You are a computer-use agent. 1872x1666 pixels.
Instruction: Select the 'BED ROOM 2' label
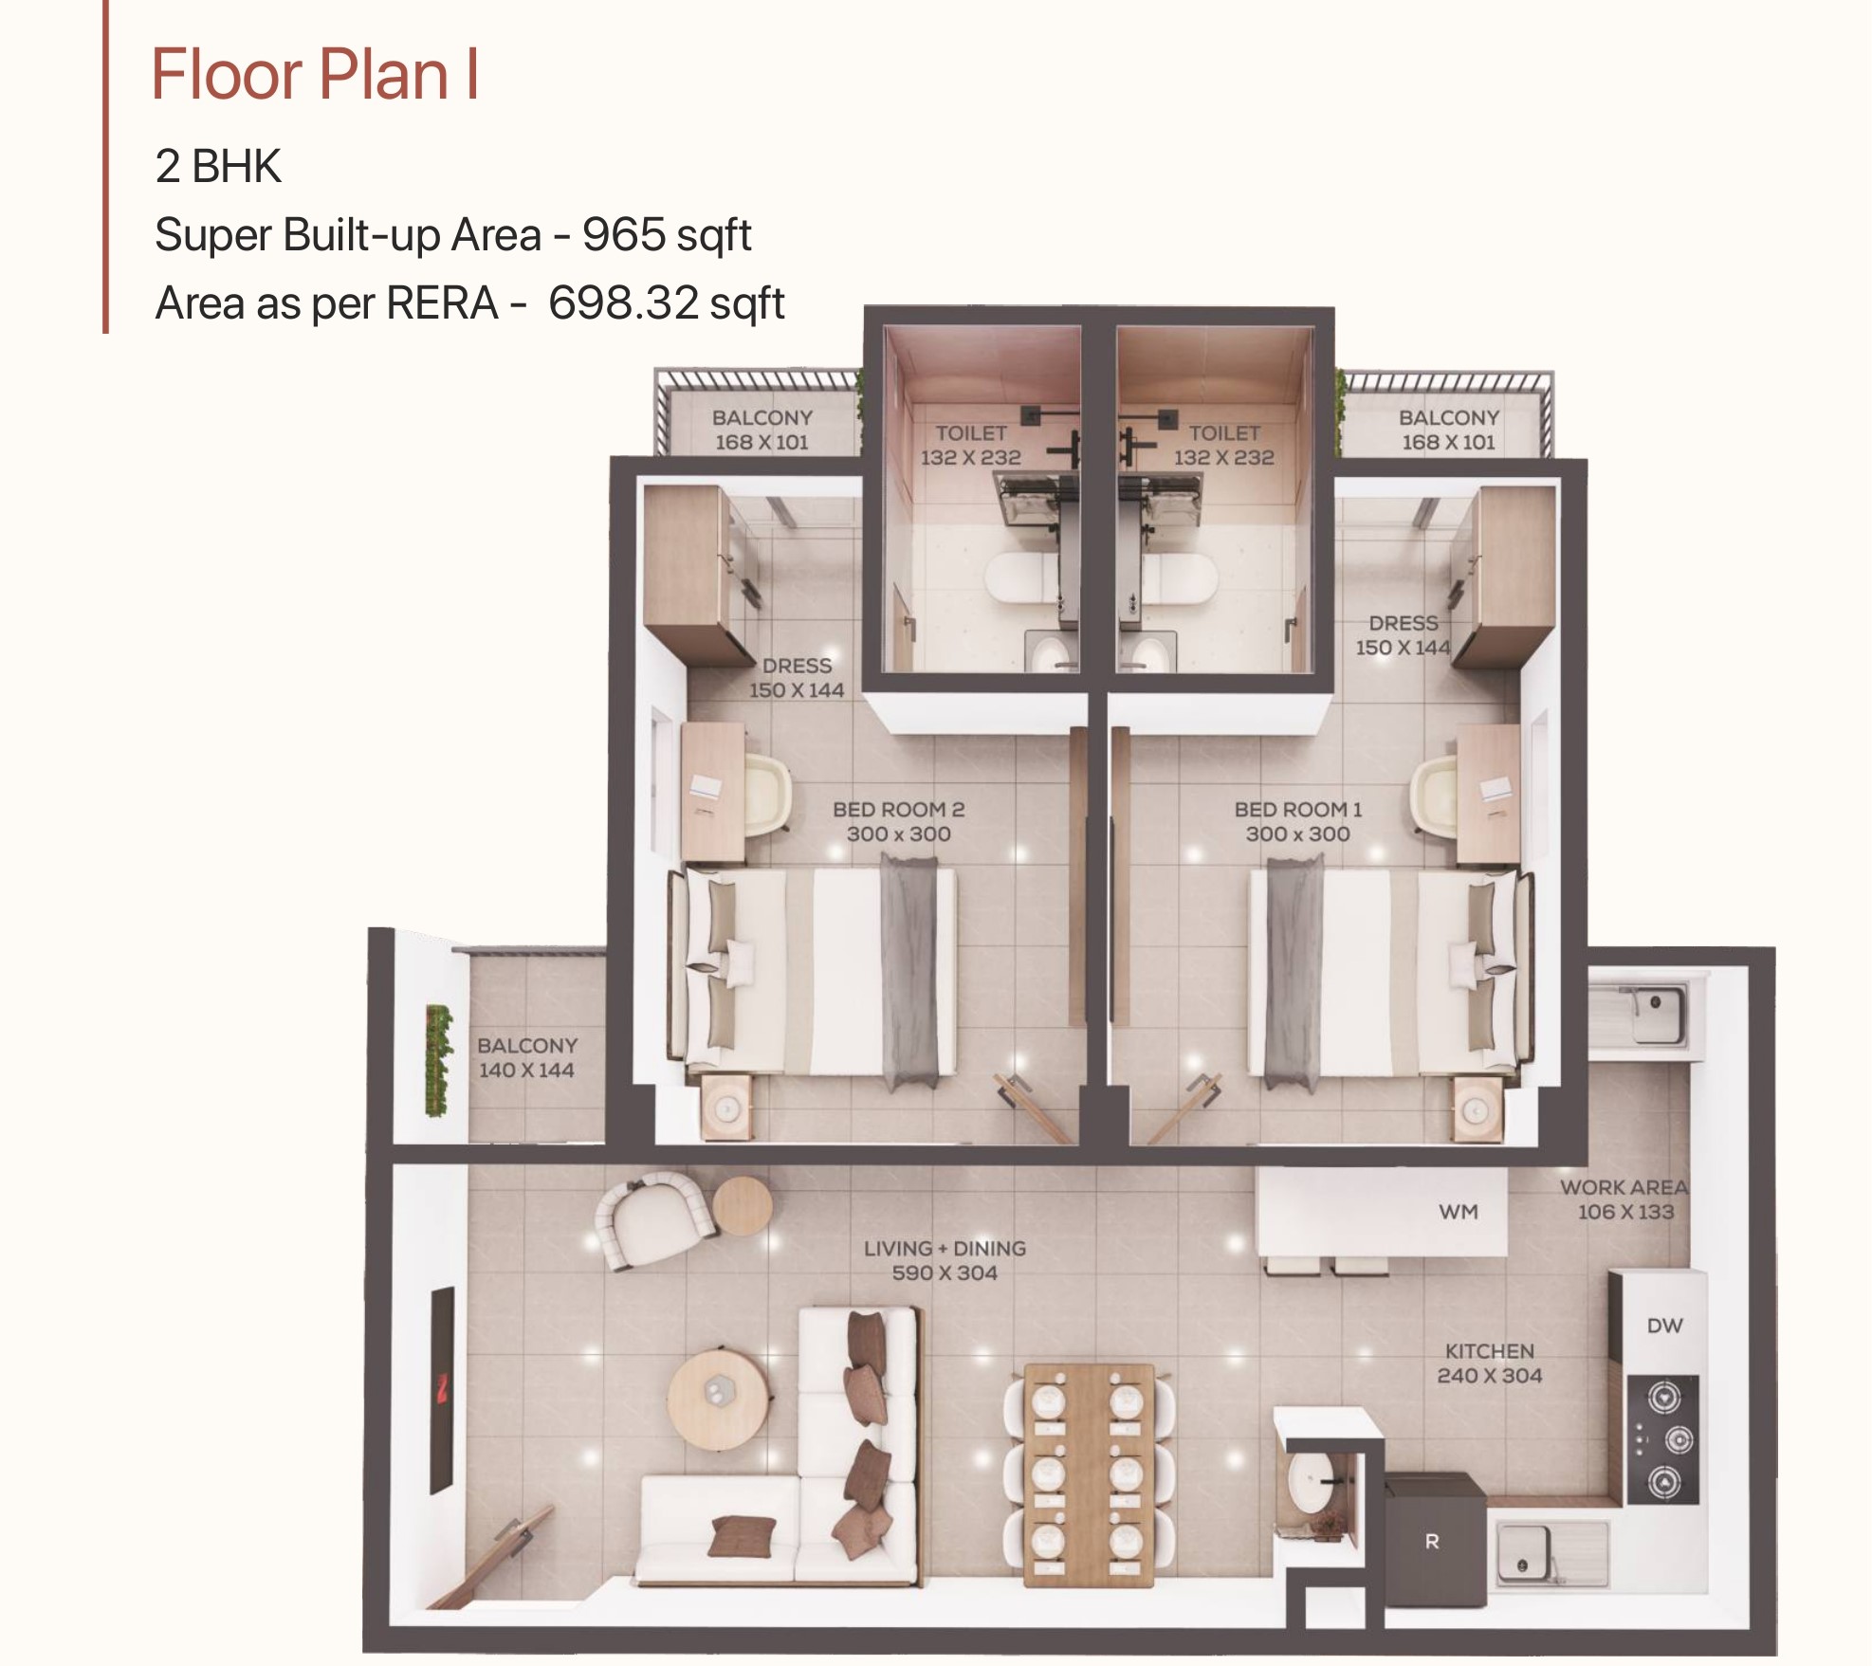898,810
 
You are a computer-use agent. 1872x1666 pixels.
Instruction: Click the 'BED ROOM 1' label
1297,810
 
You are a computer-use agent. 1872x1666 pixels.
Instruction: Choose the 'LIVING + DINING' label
945,1249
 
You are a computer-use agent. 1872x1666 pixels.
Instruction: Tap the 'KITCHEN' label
1489,1351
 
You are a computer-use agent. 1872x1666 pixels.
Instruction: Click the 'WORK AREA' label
1624,1187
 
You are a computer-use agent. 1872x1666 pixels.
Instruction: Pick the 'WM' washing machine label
1458,1212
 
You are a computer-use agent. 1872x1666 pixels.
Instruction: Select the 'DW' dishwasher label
1664,1326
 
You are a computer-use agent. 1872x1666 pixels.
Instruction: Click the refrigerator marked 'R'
1434,1540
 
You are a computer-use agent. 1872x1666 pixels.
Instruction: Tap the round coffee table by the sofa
716,1400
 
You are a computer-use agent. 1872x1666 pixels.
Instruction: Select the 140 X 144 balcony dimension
526,1071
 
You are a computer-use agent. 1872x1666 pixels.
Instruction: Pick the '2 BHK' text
218,166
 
